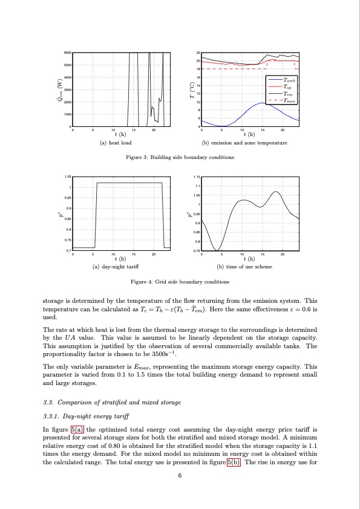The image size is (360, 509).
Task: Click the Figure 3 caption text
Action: [x=180, y=157]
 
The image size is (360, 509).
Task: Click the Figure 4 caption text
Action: [x=180, y=281]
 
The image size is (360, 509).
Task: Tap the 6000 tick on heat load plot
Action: [x=68, y=53]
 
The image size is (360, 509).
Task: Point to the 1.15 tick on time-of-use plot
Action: [x=197, y=177]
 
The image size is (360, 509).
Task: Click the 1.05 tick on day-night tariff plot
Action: [x=68, y=177]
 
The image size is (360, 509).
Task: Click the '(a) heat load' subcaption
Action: [x=116, y=143]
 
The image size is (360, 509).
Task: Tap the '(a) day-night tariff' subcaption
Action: [x=116, y=266]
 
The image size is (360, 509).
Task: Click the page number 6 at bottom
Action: [x=180, y=475]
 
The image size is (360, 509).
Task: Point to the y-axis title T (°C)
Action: [x=191, y=89]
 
